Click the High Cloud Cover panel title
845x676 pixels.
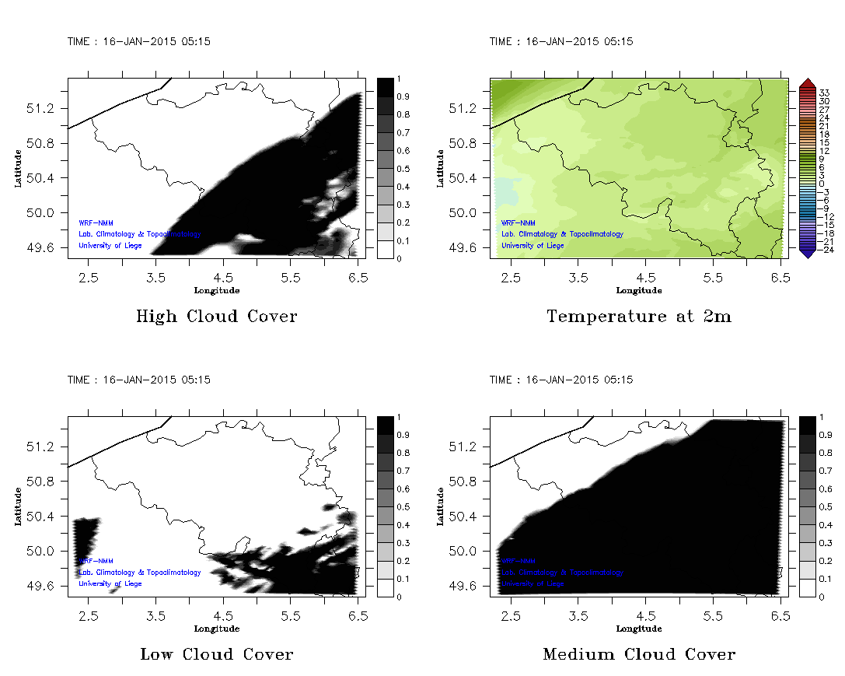tap(216, 317)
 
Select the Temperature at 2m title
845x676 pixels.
tap(639, 317)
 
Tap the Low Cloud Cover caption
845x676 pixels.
tap(216, 654)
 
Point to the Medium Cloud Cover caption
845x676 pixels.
tap(639, 654)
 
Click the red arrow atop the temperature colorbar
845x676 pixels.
tap(807, 82)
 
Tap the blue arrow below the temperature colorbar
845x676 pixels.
tap(807, 252)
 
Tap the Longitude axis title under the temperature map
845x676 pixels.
tap(639, 291)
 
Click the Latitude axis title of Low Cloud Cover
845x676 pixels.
tap(17, 506)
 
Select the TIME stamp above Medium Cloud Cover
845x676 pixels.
tap(561, 380)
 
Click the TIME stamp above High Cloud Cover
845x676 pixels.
tap(139, 41)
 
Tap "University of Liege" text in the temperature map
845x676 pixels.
tap(532, 246)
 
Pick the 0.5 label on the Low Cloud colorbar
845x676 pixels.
tap(403, 507)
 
